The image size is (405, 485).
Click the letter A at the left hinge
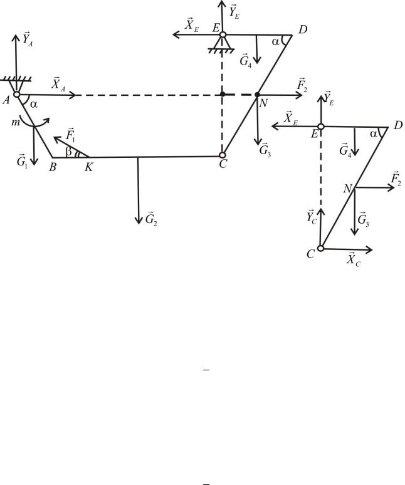coord(6,100)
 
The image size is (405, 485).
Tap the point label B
coord(53,167)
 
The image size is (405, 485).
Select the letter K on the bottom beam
coord(89,167)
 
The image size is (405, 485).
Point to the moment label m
coord(16,122)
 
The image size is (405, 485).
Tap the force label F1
coord(70,134)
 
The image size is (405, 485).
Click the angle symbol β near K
coord(70,151)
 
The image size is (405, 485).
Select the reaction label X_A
coord(58,83)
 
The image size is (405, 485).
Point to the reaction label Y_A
coord(27,39)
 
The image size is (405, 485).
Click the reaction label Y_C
coord(312,217)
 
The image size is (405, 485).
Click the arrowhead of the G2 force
coord(139,220)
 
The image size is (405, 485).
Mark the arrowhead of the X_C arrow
coord(369,249)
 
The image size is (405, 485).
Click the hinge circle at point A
coord(17,95)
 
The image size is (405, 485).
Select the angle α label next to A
coord(34,105)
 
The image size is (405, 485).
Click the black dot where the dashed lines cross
coord(223,94)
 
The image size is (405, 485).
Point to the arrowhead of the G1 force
coord(34,161)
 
